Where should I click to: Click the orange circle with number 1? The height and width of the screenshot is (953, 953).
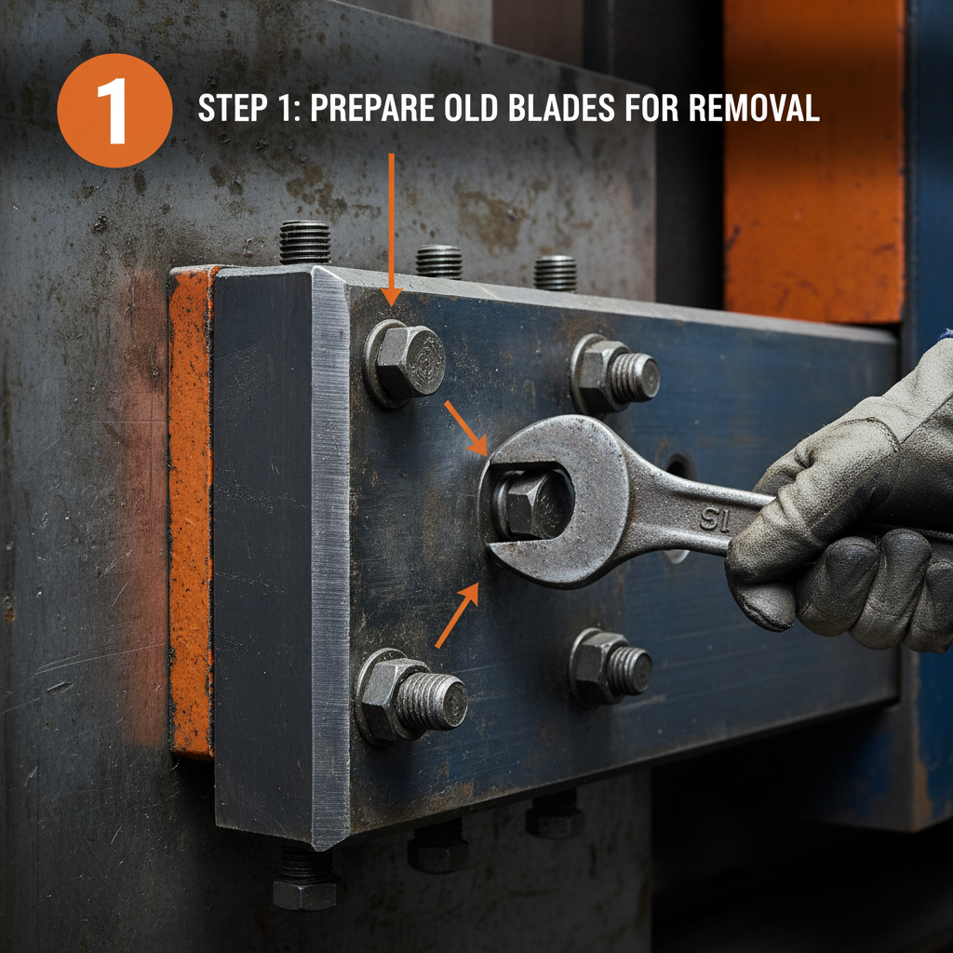click(114, 110)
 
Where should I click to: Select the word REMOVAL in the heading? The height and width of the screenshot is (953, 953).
click(754, 109)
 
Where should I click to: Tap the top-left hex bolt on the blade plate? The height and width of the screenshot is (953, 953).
click(406, 361)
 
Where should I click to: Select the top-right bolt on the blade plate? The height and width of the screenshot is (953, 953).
click(614, 373)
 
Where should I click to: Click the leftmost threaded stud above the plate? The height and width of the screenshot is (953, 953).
click(304, 242)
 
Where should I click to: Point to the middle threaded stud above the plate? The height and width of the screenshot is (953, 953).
click(438, 261)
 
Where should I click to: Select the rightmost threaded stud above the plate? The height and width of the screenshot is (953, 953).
click(555, 272)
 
